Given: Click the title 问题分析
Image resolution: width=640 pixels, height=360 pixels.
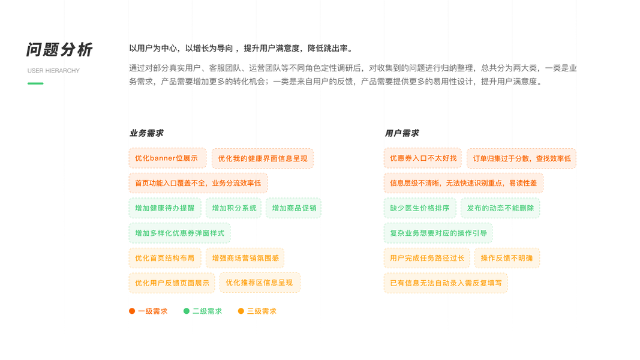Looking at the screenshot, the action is tap(59, 50).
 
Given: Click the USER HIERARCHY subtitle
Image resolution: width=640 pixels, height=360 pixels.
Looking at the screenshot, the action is tap(53, 71).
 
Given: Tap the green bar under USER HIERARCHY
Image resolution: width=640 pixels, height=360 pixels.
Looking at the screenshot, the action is tap(35, 83).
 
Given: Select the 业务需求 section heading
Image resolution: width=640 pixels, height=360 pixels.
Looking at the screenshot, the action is tap(146, 133).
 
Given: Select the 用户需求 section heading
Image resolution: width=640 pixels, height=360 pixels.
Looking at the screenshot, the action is tap(402, 133).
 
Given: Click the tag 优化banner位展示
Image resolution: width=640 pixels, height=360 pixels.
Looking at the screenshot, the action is tap(167, 158).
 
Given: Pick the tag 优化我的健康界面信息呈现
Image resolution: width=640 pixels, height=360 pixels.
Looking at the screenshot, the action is tap(263, 159).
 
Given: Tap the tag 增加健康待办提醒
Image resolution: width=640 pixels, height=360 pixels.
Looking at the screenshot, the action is tap(165, 208).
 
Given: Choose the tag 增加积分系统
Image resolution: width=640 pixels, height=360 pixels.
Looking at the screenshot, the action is tap(234, 208).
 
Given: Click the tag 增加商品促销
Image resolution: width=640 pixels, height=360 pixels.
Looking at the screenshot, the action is tap(294, 208).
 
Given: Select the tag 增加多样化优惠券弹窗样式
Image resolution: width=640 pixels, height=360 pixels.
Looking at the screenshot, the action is tap(179, 233).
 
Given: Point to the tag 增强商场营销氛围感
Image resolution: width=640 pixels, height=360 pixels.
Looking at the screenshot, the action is tap(245, 258).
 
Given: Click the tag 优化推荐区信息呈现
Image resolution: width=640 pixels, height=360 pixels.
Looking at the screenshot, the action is tap(260, 283).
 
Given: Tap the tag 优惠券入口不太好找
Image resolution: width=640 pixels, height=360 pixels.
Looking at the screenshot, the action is tap(423, 158).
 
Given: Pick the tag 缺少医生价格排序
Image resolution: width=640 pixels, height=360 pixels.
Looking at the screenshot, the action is tap(420, 208).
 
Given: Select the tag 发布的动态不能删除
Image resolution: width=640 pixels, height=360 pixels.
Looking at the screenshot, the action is tap(500, 208).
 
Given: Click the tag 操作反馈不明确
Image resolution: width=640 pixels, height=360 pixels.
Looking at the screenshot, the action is tap(507, 258).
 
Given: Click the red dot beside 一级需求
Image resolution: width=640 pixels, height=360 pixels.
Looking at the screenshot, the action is tap(132, 311).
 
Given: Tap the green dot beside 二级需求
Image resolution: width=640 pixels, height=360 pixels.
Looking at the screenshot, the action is tap(187, 311).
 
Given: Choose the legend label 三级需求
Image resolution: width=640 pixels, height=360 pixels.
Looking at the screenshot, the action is tap(262, 311).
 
